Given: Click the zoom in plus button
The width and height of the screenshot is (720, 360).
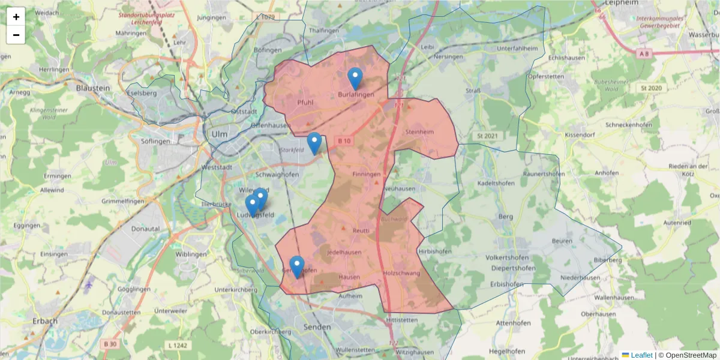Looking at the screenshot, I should click(16, 17).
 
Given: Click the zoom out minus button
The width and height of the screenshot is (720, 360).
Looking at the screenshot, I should click(16, 35).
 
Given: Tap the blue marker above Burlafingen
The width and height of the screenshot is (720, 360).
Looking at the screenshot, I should click(355, 79).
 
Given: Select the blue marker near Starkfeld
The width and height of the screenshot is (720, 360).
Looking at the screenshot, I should click(314, 143).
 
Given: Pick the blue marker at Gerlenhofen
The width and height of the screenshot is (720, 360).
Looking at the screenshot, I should click(296, 267).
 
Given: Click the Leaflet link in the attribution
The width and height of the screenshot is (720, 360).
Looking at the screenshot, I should click(641, 355).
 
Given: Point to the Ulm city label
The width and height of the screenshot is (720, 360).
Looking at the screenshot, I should click(219, 134).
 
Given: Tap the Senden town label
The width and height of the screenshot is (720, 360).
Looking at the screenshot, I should click(318, 327).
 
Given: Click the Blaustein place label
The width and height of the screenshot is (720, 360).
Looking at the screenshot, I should click(93, 88).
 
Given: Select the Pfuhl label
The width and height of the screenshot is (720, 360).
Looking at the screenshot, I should click(305, 103).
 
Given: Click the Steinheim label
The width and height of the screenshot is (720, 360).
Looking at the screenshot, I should click(419, 131).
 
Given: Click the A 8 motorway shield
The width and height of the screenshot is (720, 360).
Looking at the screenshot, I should click(644, 54).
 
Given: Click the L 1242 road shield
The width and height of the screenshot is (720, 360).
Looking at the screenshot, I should click(178, 346).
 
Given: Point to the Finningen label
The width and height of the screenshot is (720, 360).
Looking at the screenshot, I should click(367, 175).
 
